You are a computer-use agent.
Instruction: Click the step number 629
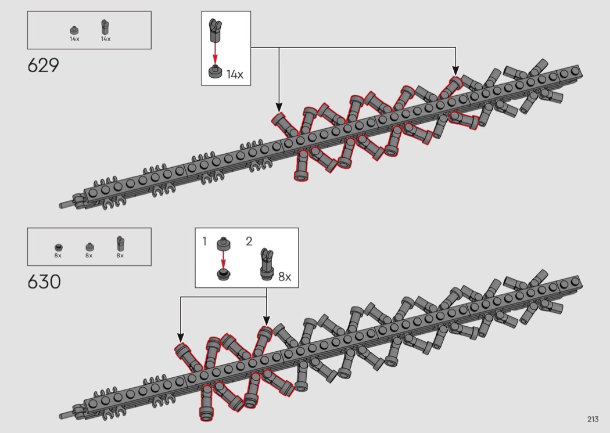(x=43, y=66)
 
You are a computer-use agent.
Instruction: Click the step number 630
(x=44, y=282)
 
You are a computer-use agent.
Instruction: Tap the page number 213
(x=593, y=420)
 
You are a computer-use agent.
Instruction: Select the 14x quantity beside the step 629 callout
(x=235, y=74)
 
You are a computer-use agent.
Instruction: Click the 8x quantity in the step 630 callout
(x=284, y=277)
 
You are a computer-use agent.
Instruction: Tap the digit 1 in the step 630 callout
(x=205, y=241)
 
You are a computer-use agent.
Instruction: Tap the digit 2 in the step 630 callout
(x=249, y=241)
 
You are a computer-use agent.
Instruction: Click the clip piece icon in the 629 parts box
(x=105, y=27)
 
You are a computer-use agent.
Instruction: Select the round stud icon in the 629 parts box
(x=74, y=30)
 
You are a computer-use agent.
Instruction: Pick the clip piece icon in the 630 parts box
(x=120, y=243)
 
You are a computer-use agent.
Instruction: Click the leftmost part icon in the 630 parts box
(x=58, y=246)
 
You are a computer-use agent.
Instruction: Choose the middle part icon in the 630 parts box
(x=89, y=246)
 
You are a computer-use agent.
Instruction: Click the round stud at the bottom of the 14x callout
(x=216, y=72)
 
